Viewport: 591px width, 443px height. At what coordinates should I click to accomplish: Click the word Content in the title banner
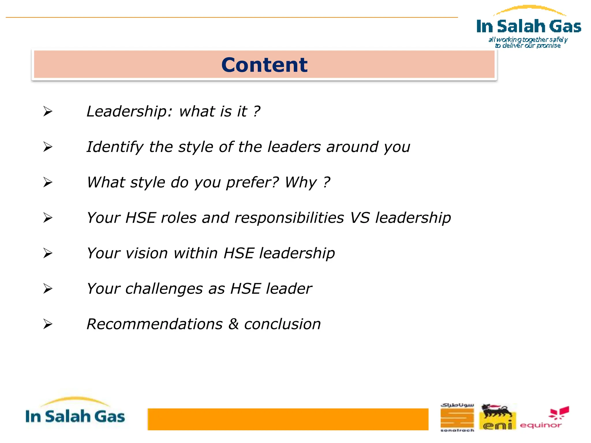coord(264,65)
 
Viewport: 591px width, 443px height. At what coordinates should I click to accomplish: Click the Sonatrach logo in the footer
coord(457,417)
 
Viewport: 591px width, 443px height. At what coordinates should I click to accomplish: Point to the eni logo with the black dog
coord(497,417)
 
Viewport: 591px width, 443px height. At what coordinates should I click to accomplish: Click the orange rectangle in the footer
coord(288,419)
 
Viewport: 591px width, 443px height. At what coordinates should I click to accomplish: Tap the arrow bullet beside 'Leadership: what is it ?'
coord(48,111)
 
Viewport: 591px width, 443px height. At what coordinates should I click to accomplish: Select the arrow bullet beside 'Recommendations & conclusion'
coord(48,324)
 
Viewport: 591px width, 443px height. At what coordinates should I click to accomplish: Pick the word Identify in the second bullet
coord(115,147)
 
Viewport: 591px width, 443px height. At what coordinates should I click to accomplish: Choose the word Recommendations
coord(155,324)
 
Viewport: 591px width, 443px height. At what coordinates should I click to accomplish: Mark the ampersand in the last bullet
coord(233,324)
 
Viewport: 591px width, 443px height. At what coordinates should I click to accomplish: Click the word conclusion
coord(283,324)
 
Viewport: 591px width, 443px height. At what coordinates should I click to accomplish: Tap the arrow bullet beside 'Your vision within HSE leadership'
coord(48,253)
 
